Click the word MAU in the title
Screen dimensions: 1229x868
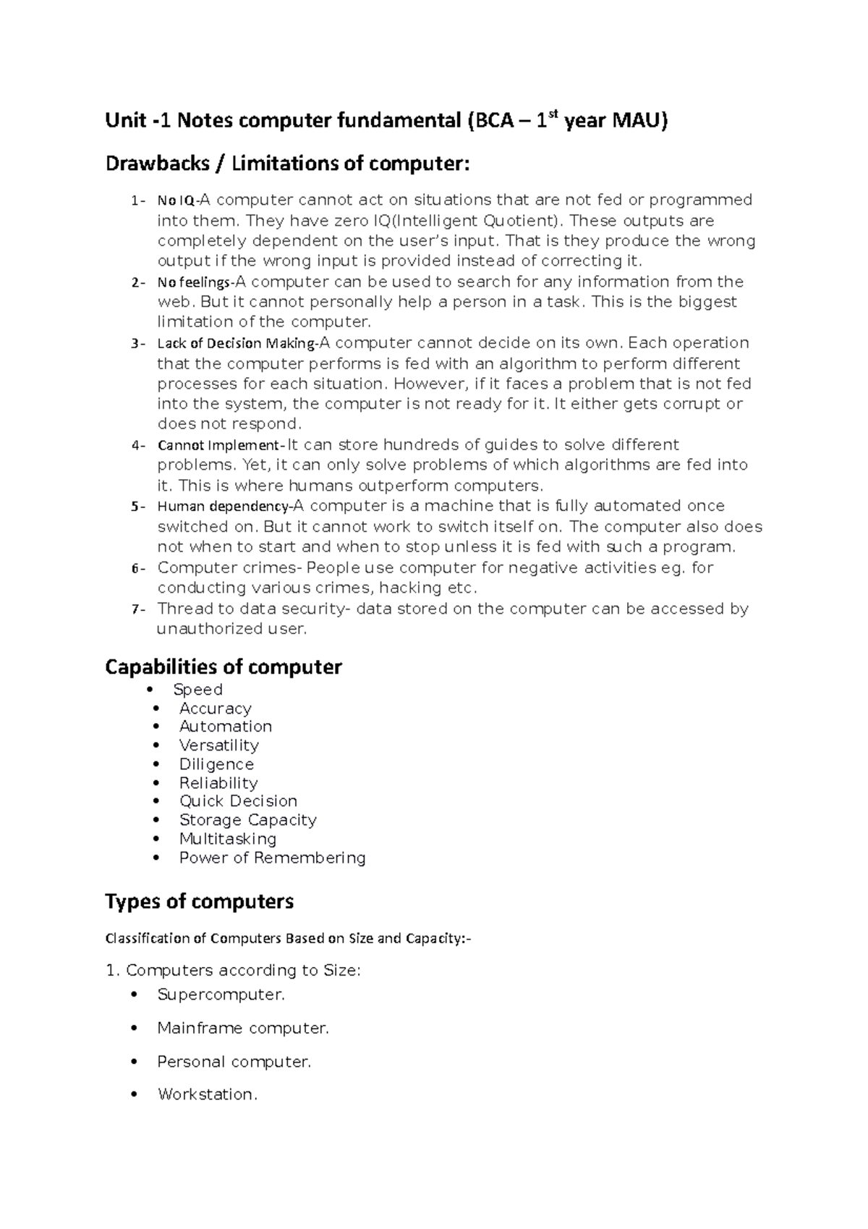coord(637,122)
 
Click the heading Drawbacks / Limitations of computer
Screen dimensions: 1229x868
coord(287,164)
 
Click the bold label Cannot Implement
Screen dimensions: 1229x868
coord(219,445)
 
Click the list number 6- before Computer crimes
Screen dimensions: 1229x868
coord(138,568)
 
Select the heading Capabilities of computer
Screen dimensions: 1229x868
coord(223,667)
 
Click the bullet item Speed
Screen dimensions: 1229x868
coord(197,690)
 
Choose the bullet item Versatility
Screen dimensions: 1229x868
coord(218,746)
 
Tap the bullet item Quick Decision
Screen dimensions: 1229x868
coord(238,801)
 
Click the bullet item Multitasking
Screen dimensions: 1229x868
coord(228,839)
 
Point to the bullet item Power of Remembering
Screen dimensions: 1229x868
coord(272,858)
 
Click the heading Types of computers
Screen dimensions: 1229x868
coord(199,902)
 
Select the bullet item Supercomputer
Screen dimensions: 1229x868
coord(221,995)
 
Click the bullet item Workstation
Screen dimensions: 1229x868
coord(207,1094)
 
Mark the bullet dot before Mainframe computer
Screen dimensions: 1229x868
coord(134,1029)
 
